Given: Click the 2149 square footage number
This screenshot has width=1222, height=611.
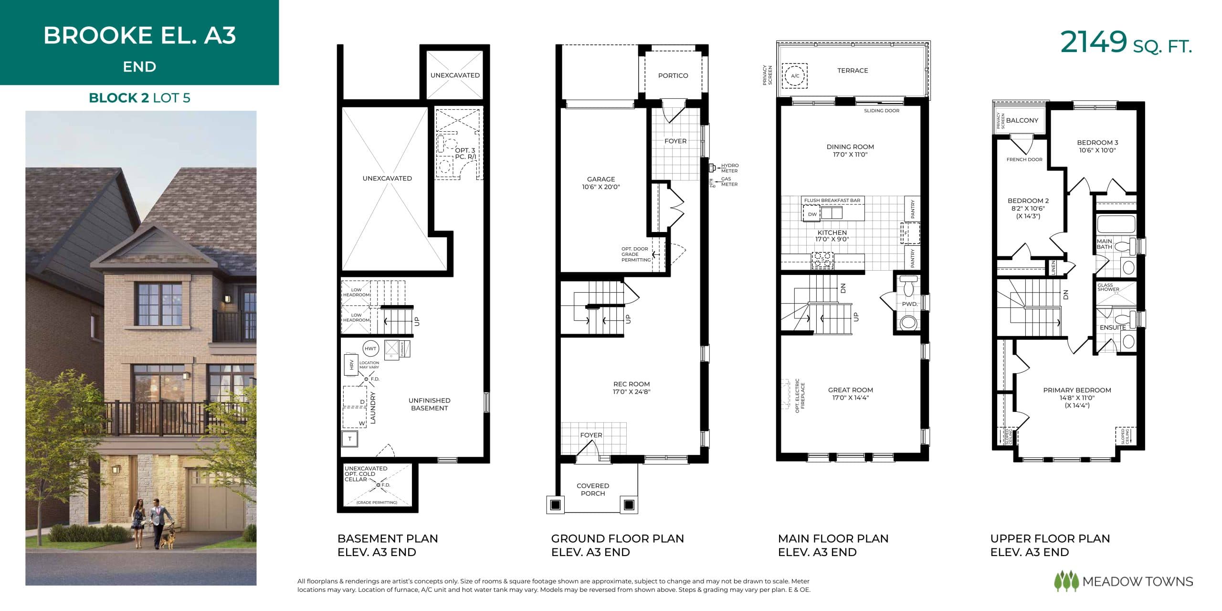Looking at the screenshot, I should [x=1094, y=42].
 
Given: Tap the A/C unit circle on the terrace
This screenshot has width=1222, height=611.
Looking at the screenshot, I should [x=795, y=76].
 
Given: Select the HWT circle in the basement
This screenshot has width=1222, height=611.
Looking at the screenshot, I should [x=370, y=348].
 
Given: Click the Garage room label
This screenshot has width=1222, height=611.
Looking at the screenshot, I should [x=600, y=179].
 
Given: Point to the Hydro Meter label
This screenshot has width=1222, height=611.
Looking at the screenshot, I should [x=729, y=168].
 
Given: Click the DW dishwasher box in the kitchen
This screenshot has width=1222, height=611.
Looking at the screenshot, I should [x=812, y=214].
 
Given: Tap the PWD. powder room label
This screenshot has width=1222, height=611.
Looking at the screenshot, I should [x=909, y=304].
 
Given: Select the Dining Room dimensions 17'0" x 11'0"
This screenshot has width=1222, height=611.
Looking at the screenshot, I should [x=850, y=155].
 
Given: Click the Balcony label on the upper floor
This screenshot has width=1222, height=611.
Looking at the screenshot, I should [x=1022, y=120].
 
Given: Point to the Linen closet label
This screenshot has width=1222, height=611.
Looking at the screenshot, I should [x=1053, y=268].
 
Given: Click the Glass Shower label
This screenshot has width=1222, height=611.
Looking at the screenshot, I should [x=1108, y=287].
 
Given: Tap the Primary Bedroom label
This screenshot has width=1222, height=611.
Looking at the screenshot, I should [x=1077, y=390].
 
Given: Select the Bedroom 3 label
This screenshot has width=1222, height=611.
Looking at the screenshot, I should [x=1097, y=143].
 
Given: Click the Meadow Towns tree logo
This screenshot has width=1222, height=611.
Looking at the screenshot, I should [x=1066, y=581].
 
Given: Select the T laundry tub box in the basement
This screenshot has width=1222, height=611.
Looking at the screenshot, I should [x=350, y=439].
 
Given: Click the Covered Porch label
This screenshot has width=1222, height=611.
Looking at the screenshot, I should [x=592, y=489].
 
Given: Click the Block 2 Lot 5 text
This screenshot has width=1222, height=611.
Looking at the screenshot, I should [x=139, y=98].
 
